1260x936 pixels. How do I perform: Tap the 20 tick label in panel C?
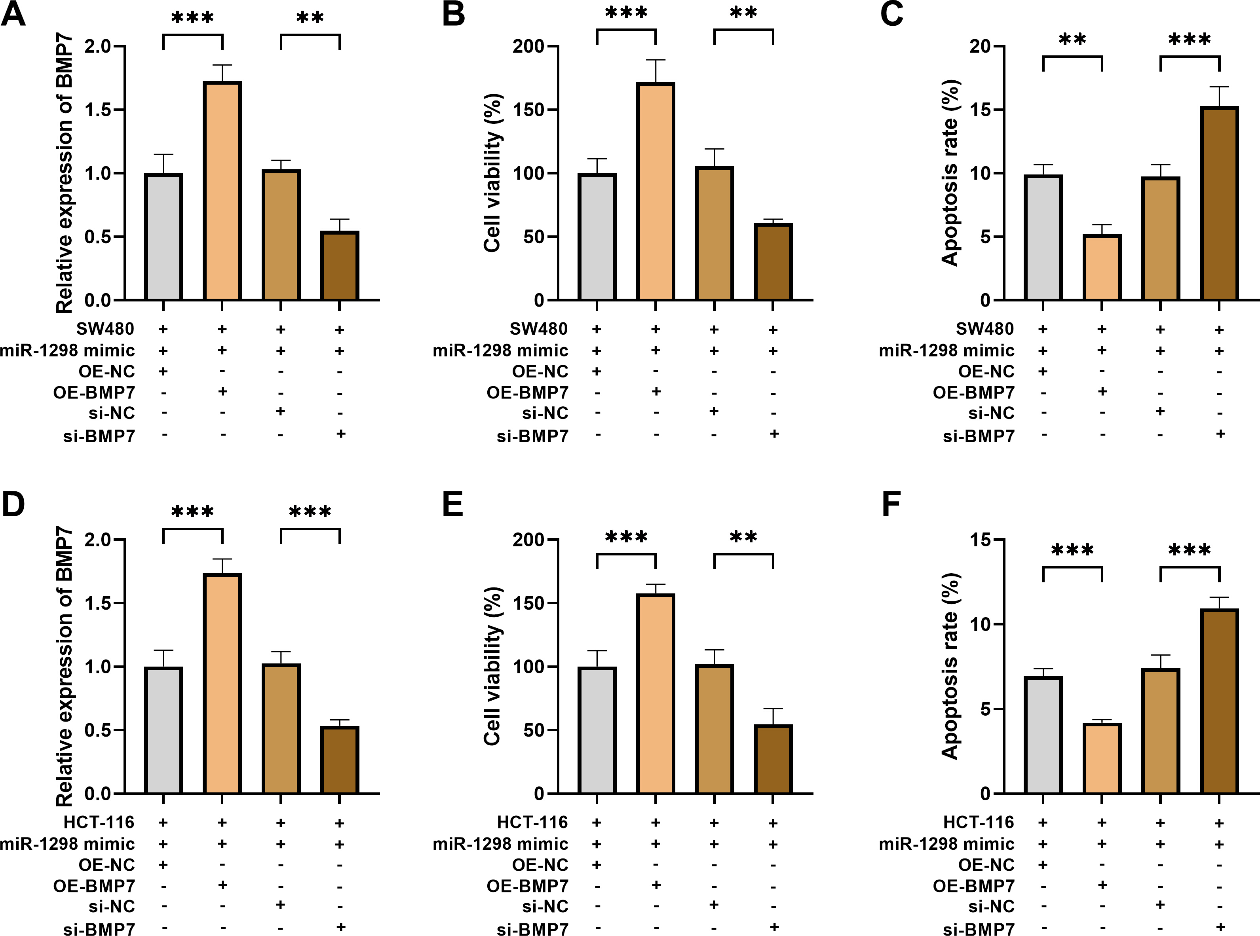tap(981, 46)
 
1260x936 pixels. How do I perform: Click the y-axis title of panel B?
tap(492, 173)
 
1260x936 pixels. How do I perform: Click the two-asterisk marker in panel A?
tap(310, 17)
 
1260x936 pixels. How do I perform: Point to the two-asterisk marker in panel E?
tap(743, 536)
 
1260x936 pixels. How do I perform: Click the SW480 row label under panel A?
tap(105, 329)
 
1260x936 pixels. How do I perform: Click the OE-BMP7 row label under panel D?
tap(94, 886)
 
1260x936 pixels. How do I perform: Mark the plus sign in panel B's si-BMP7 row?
tap(773, 434)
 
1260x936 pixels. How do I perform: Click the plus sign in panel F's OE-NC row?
tap(1042, 865)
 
